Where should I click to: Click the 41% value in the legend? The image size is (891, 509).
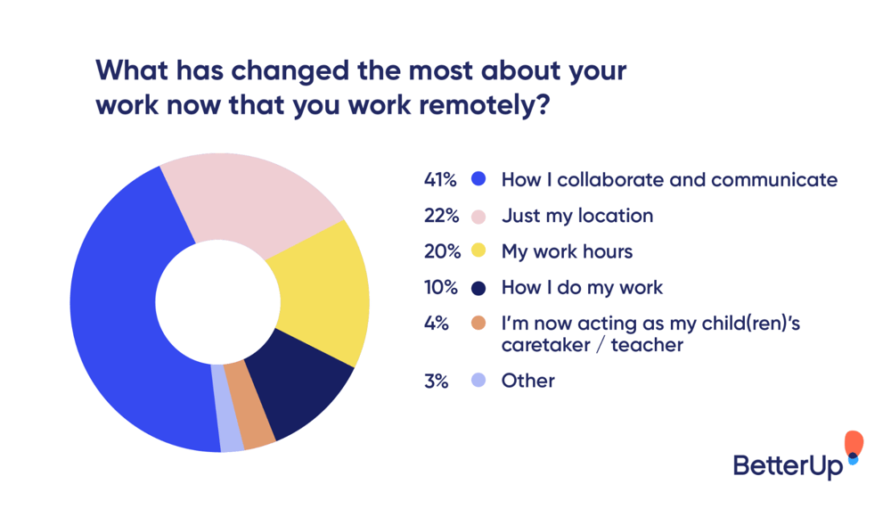(x=439, y=179)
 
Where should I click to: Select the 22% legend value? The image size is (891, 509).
(x=440, y=216)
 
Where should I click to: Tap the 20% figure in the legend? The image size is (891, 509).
(x=441, y=251)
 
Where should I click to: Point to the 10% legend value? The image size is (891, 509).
(x=440, y=287)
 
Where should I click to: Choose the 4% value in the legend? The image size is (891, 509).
(x=436, y=323)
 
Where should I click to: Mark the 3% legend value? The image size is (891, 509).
(x=436, y=381)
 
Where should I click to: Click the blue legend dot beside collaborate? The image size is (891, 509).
(x=478, y=179)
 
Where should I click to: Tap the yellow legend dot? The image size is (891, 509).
(x=478, y=251)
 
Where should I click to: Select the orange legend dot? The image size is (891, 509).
(x=478, y=323)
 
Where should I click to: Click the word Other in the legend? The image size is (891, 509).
(x=527, y=381)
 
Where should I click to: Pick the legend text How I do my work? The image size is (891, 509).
(x=582, y=287)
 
